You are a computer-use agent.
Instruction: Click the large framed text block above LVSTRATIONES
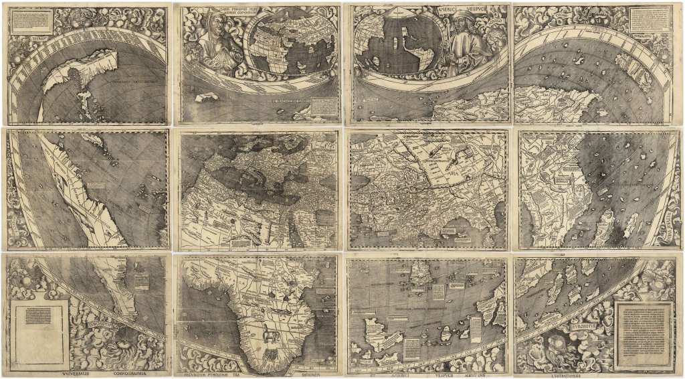click(644, 335)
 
